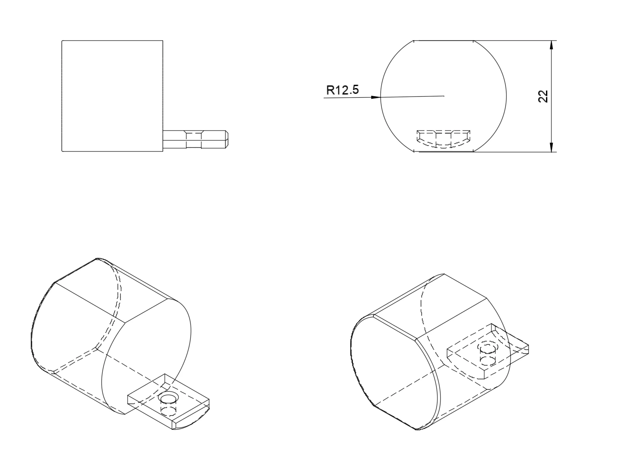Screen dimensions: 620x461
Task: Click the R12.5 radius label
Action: point(343,90)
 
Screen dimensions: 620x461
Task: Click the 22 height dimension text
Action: point(543,97)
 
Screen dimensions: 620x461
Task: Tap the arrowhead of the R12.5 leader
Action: point(376,97)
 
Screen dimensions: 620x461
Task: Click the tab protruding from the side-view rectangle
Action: point(195,140)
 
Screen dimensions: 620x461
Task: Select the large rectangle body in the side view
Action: point(112,96)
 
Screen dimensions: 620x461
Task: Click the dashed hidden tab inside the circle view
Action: point(444,139)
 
